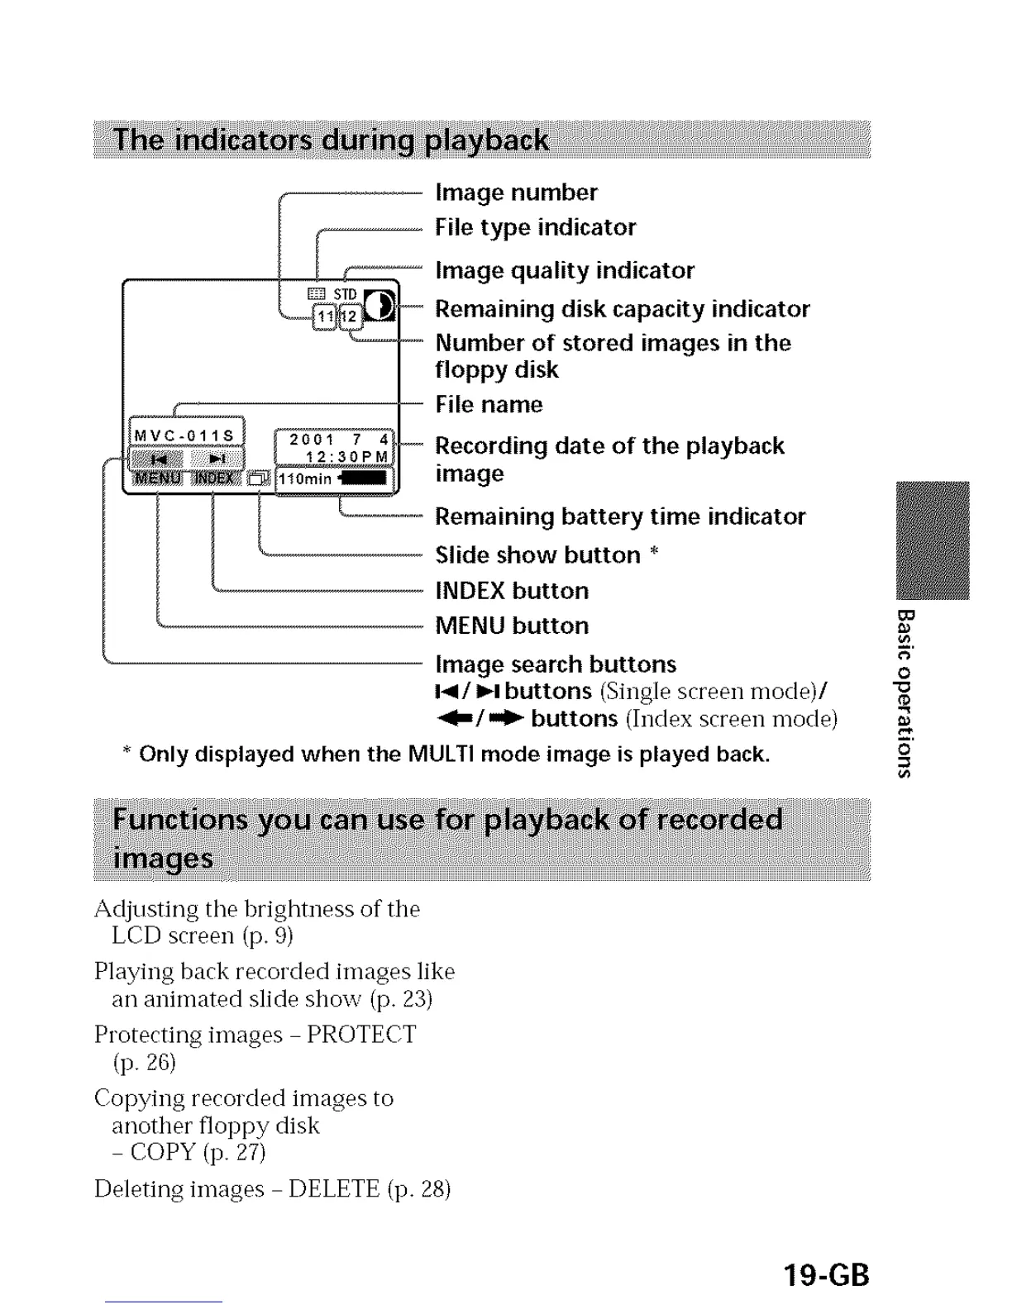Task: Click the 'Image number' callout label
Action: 516,193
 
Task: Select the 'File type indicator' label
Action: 535,227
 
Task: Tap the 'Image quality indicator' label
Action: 565,270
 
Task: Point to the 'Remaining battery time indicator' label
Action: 620,516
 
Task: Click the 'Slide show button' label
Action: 537,555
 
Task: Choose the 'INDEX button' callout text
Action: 512,591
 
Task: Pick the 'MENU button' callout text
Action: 512,626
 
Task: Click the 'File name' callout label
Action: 489,404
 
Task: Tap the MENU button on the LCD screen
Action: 158,478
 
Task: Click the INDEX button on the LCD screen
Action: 214,478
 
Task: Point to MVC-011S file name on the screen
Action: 185,436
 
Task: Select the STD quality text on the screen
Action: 345,294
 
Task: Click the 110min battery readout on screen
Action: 304,479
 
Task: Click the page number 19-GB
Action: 826,1273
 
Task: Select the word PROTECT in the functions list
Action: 361,1035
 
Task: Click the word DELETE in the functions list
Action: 333,1189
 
